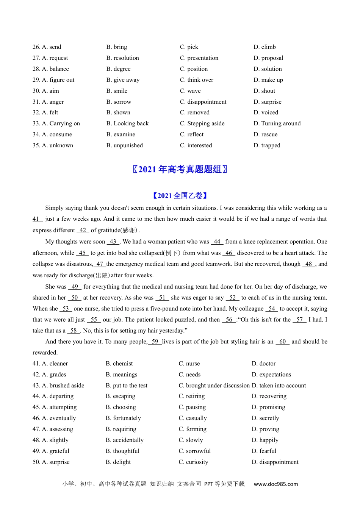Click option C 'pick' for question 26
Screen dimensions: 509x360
pos(189,47)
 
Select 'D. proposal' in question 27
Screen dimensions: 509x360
pos(268,58)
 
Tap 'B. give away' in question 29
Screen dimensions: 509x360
pos(123,80)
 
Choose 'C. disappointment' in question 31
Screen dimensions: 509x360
pos(203,102)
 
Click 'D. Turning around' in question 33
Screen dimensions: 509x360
pos(277,123)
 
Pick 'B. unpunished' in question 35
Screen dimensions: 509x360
pos(125,145)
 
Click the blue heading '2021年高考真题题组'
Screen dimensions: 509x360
pos(180,169)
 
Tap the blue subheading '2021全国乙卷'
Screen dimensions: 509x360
pos(180,196)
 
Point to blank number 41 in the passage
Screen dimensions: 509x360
pos(37,219)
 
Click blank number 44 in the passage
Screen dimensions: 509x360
pos(217,242)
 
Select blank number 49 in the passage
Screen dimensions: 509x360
pos(75,287)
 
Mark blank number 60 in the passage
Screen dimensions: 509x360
pos(282,342)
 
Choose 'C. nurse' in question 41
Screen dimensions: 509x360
pos(189,364)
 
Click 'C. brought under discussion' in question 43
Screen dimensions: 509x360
pos(214,386)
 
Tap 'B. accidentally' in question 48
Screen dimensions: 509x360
pos(125,440)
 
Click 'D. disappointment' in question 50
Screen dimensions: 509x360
pos(275,462)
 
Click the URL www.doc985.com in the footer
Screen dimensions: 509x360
pos(275,484)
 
